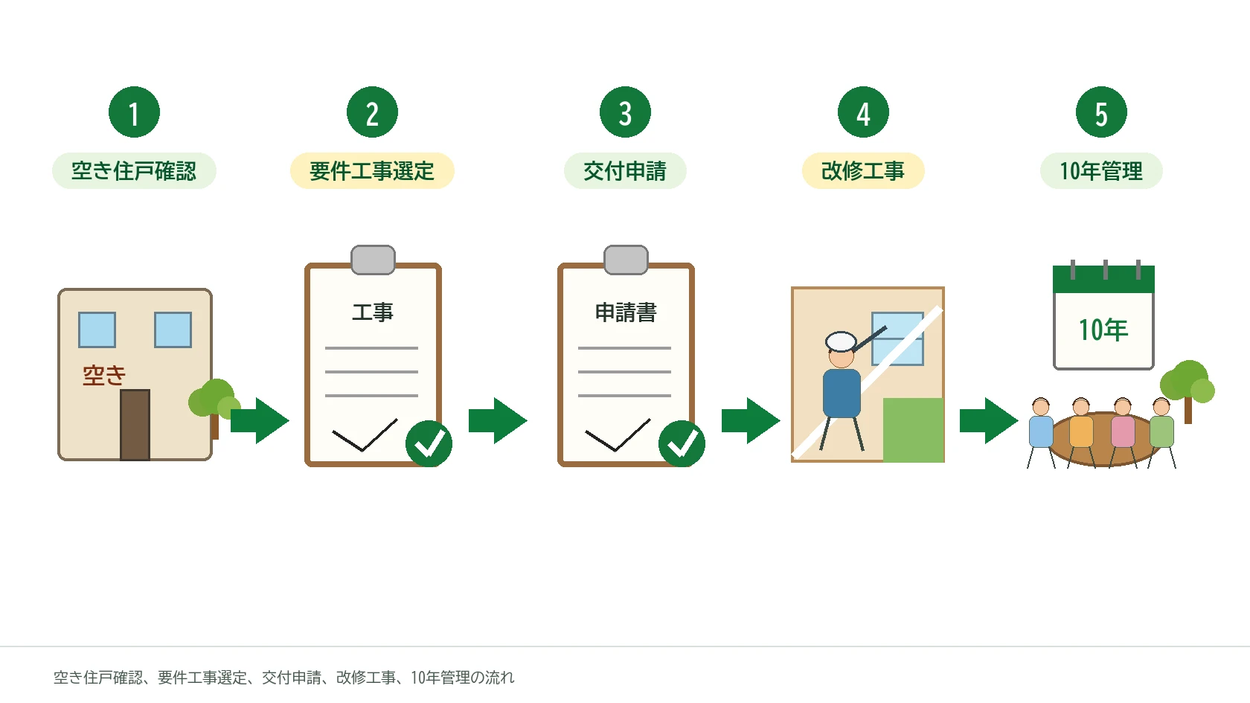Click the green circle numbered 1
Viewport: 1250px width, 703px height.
point(134,112)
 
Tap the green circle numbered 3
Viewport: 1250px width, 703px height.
point(625,112)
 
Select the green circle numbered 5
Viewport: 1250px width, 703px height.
point(1101,112)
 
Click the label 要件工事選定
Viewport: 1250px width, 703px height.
point(372,171)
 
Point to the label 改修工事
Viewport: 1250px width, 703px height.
point(863,171)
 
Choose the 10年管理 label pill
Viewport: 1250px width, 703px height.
point(1101,171)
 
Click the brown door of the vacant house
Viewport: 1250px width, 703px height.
point(135,425)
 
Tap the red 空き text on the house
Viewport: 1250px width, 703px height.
point(104,376)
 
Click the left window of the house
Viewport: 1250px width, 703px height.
point(97,330)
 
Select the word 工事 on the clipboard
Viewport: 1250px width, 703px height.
point(372,312)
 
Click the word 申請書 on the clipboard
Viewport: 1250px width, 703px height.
point(626,312)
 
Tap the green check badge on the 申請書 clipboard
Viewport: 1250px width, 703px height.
point(682,443)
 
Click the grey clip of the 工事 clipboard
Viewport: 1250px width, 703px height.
point(373,260)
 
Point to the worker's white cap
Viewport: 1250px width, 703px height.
point(841,341)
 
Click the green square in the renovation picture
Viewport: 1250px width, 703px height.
point(914,430)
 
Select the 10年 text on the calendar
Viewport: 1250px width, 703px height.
point(1103,330)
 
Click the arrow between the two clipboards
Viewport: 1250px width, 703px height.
point(498,421)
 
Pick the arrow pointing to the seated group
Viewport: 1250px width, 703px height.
point(989,421)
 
